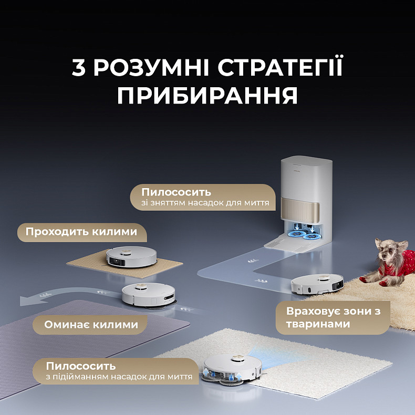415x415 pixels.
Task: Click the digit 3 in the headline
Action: [x=78, y=69]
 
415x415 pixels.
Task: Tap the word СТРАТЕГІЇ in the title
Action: [x=281, y=69]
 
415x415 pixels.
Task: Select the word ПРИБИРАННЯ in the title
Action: [x=207, y=96]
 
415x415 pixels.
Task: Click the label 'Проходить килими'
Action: [x=81, y=232]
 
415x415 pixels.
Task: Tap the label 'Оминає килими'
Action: [x=91, y=325]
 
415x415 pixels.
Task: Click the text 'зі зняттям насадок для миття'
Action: [x=205, y=202]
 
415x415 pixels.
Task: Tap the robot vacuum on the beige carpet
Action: [x=131, y=257]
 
